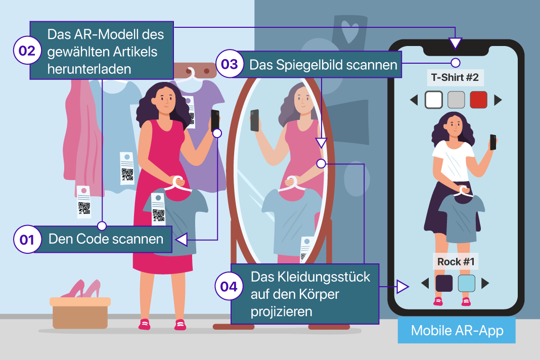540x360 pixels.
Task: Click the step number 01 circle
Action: tap(27, 240)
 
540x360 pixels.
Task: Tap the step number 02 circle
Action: tap(27, 50)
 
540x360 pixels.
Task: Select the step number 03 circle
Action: tap(230, 64)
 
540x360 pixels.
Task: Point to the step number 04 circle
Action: tap(229, 286)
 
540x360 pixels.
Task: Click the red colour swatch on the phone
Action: tap(478, 100)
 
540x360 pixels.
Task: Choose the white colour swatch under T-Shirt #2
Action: tap(434, 100)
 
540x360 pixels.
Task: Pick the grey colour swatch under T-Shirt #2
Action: tap(456, 100)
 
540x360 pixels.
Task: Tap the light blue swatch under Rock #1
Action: tap(467, 283)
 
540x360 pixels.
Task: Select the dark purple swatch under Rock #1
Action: tap(444, 283)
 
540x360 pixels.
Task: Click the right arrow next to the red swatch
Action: tap(498, 100)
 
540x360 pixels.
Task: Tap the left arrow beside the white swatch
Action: tap(414, 100)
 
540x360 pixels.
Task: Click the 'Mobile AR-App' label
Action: tap(457, 331)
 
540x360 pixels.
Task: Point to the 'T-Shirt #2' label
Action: tap(455, 77)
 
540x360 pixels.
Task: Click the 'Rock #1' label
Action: tap(456, 262)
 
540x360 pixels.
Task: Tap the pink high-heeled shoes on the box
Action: tap(81, 289)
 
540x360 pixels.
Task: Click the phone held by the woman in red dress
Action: tap(215, 120)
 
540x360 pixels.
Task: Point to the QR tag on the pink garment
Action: tap(84, 202)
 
